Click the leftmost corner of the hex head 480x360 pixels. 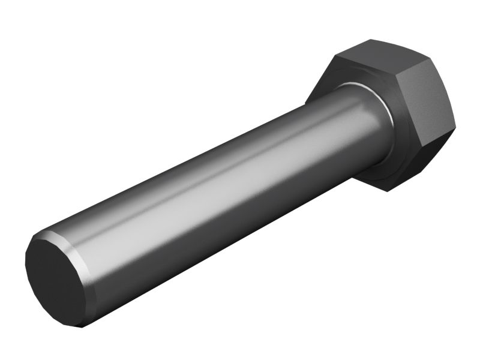[x=305, y=102]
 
